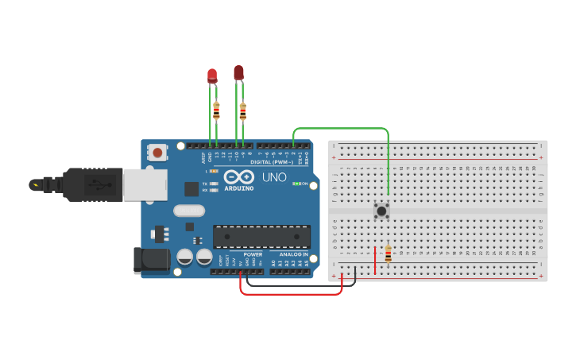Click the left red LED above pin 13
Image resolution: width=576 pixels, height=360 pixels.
coord(212,76)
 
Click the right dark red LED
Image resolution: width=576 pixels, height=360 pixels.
coord(238,73)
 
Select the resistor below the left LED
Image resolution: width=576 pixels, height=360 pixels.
coord(216,110)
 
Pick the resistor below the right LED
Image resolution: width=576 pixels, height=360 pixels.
coord(242,110)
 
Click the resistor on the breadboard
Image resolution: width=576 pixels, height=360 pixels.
coord(388,254)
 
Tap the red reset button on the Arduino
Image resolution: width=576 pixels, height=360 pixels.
coord(157,152)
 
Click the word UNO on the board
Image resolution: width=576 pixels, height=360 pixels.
coord(274,177)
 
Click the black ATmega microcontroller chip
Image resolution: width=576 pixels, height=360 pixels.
coord(261,236)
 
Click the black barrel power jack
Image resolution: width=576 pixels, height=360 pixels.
coord(152,260)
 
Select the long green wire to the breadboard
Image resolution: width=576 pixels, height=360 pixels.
coord(342,128)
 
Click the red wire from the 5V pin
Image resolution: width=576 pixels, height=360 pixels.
coord(290,293)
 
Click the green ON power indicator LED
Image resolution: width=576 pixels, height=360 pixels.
coord(296,184)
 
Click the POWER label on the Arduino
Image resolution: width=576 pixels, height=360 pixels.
coord(253,254)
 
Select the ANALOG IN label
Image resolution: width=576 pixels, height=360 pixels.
coord(293,254)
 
